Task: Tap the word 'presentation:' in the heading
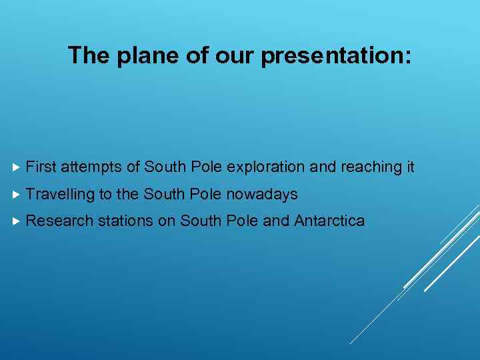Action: (x=337, y=56)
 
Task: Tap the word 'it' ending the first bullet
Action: (x=410, y=167)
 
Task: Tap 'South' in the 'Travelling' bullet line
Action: (x=164, y=195)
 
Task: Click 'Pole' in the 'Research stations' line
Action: (x=242, y=221)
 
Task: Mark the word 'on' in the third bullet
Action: (x=166, y=221)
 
